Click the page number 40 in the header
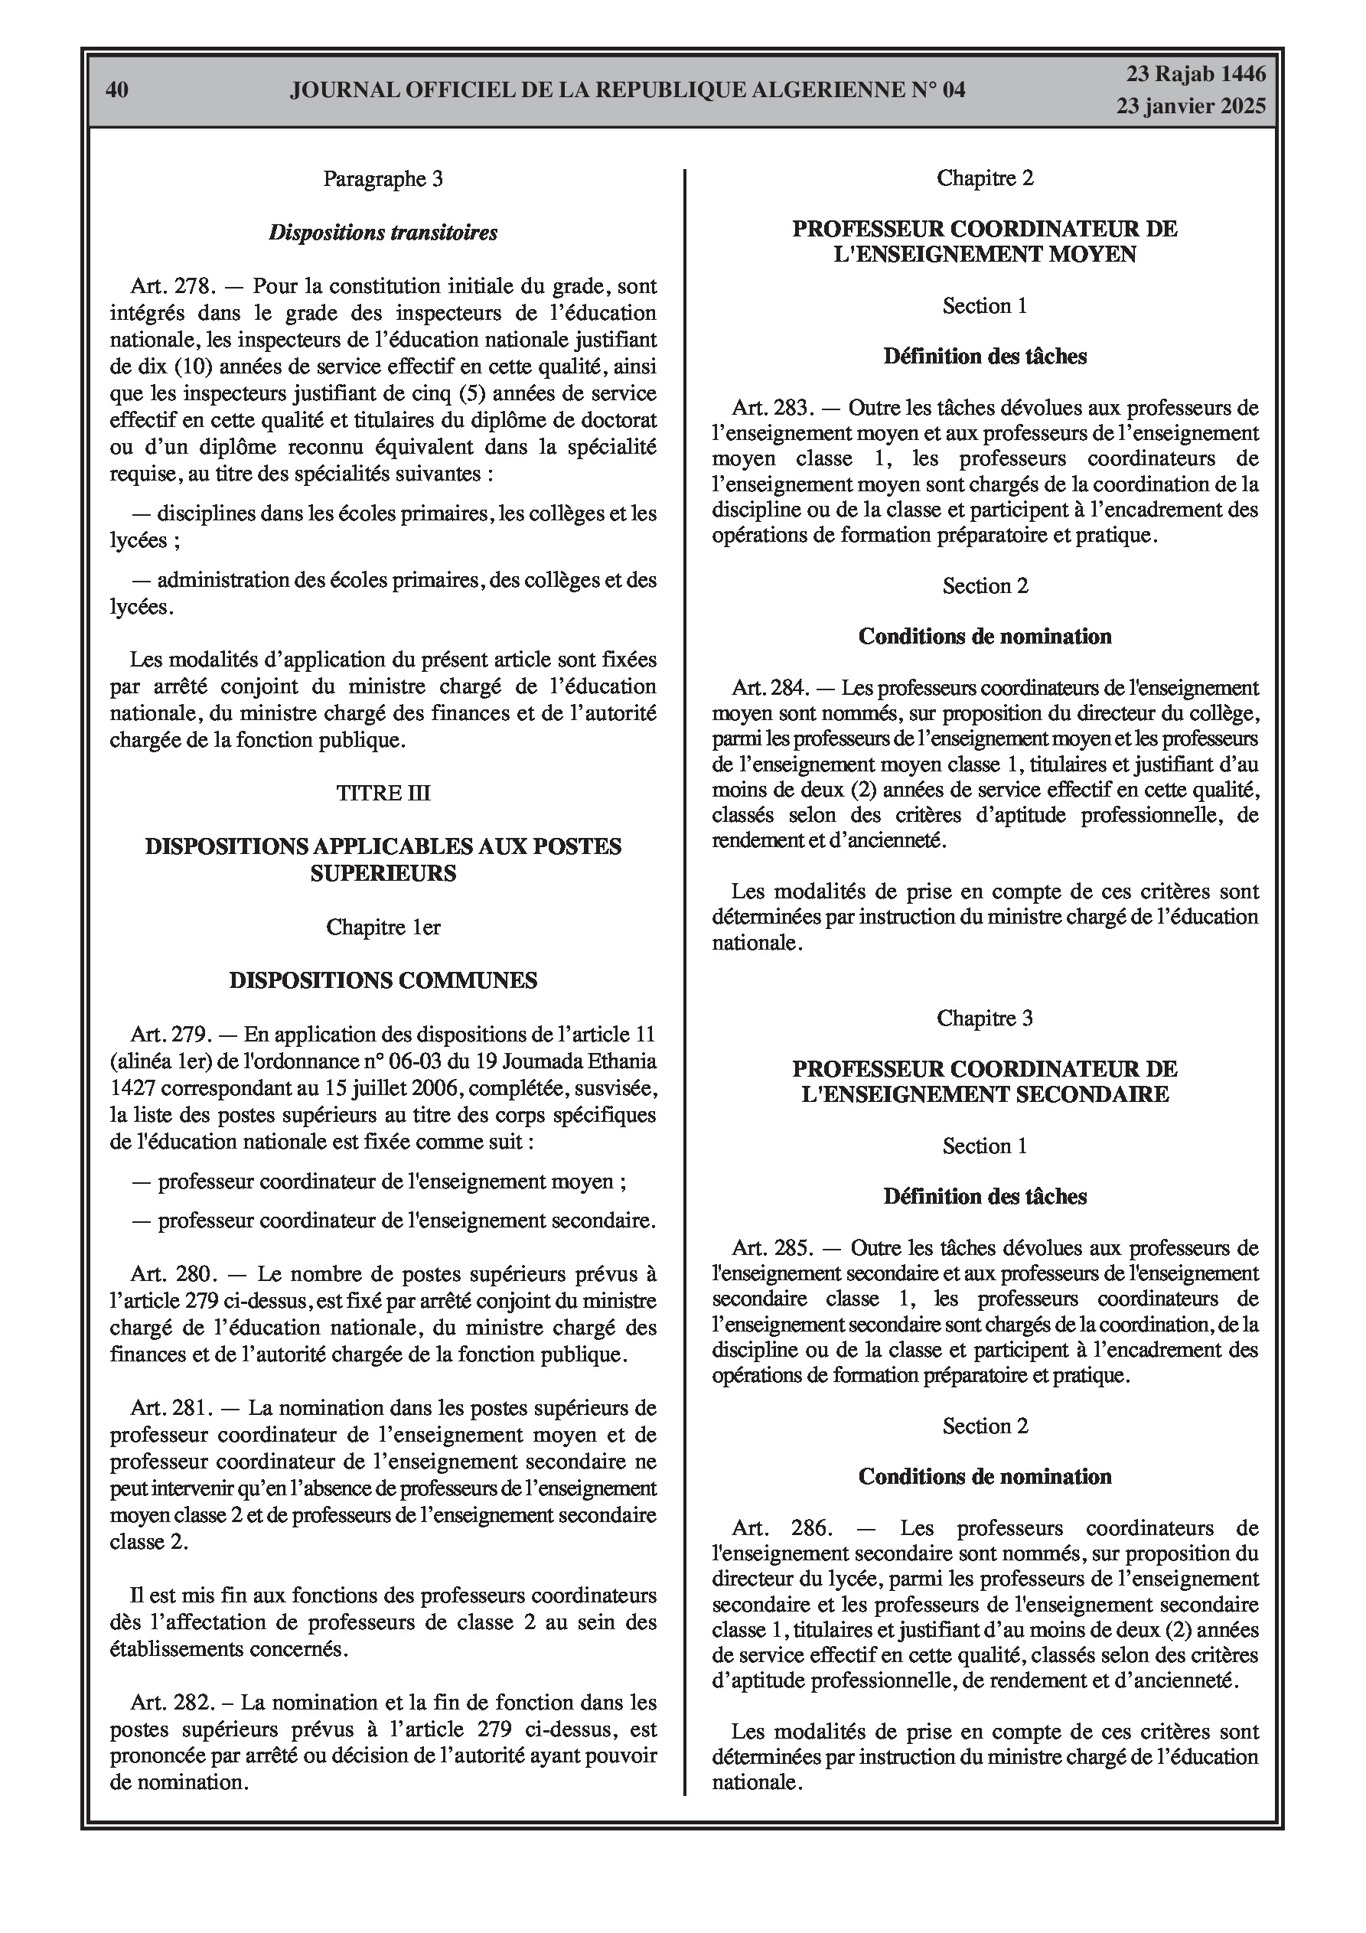pyautogui.click(x=117, y=90)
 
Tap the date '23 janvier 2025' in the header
pyautogui.click(x=1191, y=106)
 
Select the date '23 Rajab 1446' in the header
pyautogui.click(x=1196, y=74)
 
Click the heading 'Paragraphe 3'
pyautogui.click(x=383, y=178)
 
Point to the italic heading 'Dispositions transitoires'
pyautogui.click(x=383, y=233)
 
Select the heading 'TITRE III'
pyautogui.click(x=383, y=793)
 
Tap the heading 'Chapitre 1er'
pyautogui.click(x=383, y=927)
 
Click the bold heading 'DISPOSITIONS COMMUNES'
pyautogui.click(x=383, y=980)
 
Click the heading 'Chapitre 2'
pyautogui.click(x=984, y=178)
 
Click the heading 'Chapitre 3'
pyautogui.click(x=984, y=1018)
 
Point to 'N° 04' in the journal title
pyautogui.click(x=937, y=90)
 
